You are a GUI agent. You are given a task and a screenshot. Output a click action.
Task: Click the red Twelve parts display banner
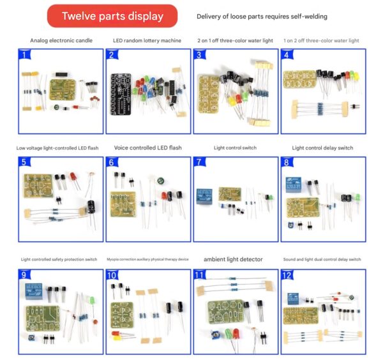coord(112,16)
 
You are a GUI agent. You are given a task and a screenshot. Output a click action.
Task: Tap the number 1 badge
coord(24,55)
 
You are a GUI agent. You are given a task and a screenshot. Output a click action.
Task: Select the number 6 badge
coord(112,163)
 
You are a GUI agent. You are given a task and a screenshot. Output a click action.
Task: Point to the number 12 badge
coord(287,276)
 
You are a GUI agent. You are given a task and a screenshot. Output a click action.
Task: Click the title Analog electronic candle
coord(61,40)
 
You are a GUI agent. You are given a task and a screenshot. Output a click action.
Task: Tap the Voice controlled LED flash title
coord(147,148)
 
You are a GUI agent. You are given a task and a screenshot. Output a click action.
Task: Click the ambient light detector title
coord(234,260)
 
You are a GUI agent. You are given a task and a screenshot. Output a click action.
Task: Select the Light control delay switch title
coord(322,148)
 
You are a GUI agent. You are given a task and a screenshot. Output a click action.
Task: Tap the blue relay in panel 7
coord(204,193)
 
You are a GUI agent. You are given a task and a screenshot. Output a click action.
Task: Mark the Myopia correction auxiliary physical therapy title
coord(147,260)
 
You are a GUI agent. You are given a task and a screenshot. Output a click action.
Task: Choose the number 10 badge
coord(112,276)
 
